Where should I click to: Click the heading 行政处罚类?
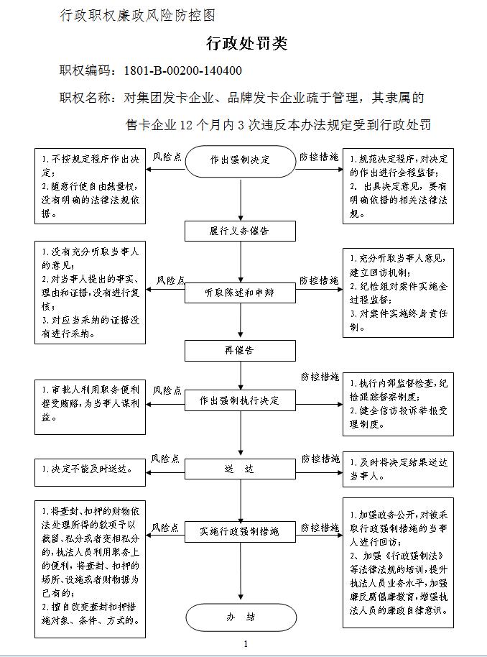pos(246,44)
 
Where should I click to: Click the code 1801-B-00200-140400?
pos(182,70)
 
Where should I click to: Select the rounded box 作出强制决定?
pos(241,160)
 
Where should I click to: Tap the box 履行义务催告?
pos(241,231)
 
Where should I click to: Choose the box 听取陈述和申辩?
pos(241,293)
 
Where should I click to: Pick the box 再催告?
pos(241,350)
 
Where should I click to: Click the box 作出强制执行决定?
pos(241,400)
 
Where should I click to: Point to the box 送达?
pos(241,469)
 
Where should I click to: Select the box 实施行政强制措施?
pos(241,532)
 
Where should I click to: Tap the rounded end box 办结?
pos(241,617)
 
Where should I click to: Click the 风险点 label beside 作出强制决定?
pos(167,156)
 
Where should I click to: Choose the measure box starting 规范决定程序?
pos(398,185)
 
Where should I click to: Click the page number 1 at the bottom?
pos(246,643)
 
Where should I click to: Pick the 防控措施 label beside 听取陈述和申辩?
pos(319,280)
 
